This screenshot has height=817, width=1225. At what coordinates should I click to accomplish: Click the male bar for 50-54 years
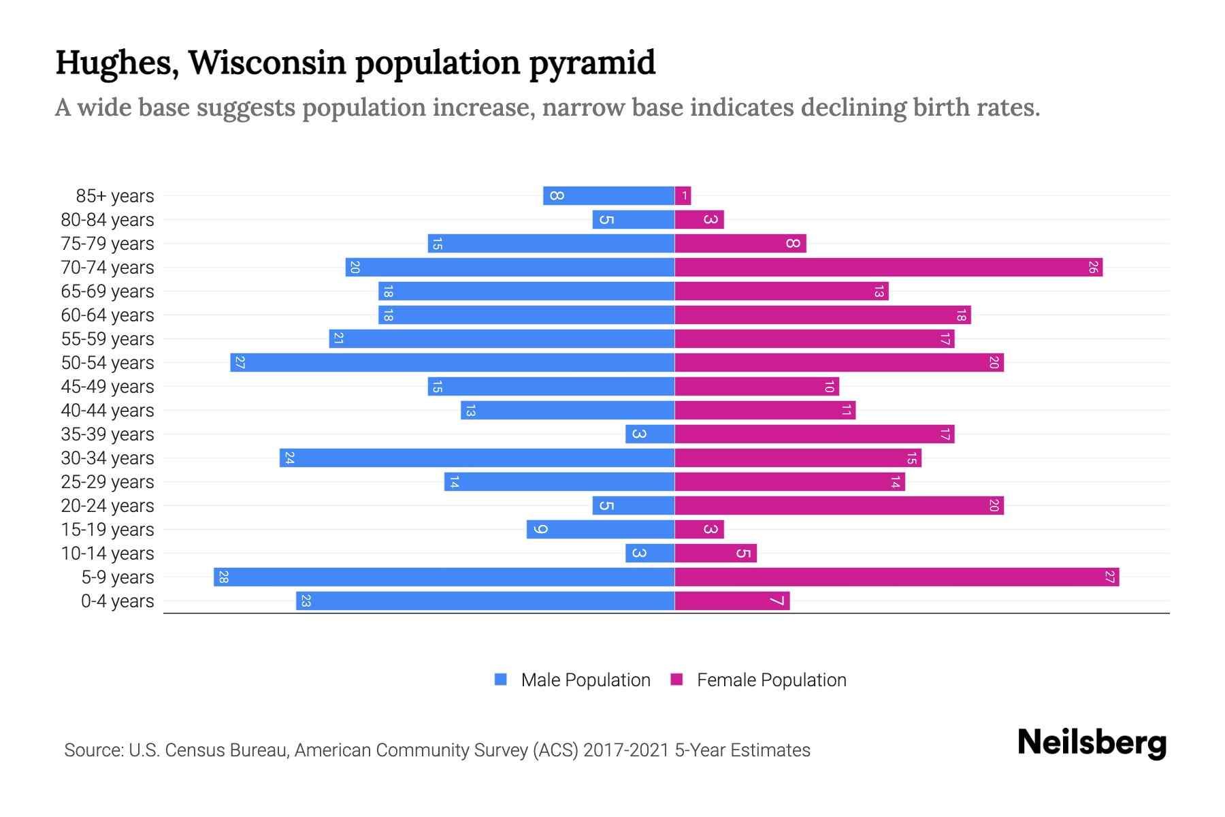[x=453, y=362]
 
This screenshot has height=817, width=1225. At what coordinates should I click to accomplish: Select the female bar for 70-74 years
[x=888, y=267]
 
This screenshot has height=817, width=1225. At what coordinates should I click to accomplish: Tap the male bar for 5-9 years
[x=444, y=577]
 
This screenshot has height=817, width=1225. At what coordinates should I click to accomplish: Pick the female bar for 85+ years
[x=683, y=195]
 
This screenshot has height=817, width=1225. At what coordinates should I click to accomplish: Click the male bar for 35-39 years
[x=650, y=434]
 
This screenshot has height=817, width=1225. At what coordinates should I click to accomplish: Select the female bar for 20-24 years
[x=838, y=505]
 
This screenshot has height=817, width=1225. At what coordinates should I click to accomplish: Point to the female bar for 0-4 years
[x=732, y=600]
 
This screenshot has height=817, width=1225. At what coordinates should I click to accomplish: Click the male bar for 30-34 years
[x=476, y=458]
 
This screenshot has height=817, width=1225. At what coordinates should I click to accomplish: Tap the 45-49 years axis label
[x=108, y=386]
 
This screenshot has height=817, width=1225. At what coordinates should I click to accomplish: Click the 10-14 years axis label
[x=108, y=553]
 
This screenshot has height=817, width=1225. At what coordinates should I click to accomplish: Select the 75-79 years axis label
[x=108, y=243]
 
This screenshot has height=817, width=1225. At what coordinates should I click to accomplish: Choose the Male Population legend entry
[x=572, y=679]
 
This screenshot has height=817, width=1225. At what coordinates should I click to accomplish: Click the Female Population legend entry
[x=759, y=679]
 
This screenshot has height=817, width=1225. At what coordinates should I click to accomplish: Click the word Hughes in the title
[x=116, y=63]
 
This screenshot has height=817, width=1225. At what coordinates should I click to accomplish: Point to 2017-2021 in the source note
[x=626, y=750]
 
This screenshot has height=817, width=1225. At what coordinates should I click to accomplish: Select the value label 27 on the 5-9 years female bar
[x=1109, y=577]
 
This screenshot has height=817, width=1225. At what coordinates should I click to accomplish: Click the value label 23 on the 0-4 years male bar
[x=306, y=600]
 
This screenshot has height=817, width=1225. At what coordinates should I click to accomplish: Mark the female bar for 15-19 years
[x=699, y=529]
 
